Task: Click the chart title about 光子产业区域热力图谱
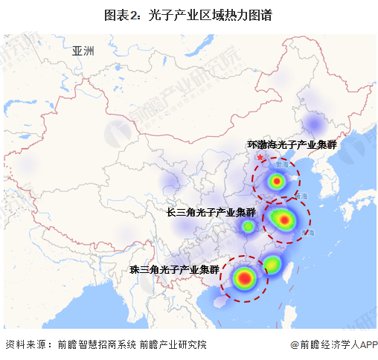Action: point(189,14)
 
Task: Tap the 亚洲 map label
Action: point(83,51)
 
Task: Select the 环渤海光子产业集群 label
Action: point(292,145)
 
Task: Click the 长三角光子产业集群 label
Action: point(211,213)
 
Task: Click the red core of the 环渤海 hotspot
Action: point(277,181)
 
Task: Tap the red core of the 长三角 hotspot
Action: point(283,219)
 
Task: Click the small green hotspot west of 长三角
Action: point(247,225)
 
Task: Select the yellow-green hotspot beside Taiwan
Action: point(272,263)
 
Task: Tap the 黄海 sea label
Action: point(301,195)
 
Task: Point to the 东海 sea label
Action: point(308,233)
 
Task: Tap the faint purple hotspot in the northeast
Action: point(314,121)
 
